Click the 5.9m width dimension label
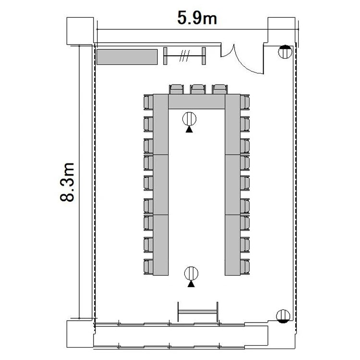[x=197, y=18]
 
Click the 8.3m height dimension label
[x=67, y=182]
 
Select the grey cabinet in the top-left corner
[x=127, y=57]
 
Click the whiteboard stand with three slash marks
[x=184, y=56]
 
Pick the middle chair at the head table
[x=198, y=89]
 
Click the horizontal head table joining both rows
[x=197, y=101]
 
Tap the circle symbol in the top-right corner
[x=285, y=52]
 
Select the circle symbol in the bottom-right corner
[x=283, y=316]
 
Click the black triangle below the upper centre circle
[x=189, y=130]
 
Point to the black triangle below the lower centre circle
[x=191, y=284]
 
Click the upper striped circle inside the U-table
[x=190, y=119]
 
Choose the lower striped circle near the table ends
[x=191, y=274]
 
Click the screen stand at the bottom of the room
[x=198, y=312]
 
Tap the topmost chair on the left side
[x=148, y=102]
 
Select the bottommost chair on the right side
[x=245, y=267]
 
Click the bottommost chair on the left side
[x=148, y=267]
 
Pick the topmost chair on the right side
[x=245, y=102]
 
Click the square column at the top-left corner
[x=80, y=31]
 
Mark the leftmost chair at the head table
[x=176, y=89]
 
